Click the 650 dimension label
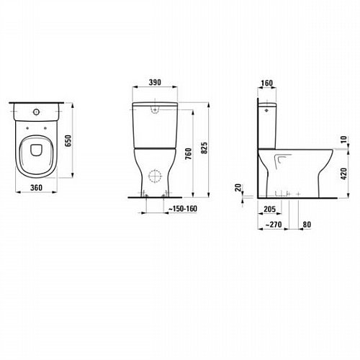pos(68,141)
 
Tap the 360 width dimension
pos(36,187)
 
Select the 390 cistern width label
pos(155,82)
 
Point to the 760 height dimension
pos(189,153)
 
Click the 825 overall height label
pos(204,148)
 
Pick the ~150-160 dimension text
pos(183,209)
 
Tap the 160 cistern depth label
pos(266,83)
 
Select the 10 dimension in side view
pos(344,140)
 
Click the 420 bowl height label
pos(344,174)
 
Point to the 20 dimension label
pos(238,187)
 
